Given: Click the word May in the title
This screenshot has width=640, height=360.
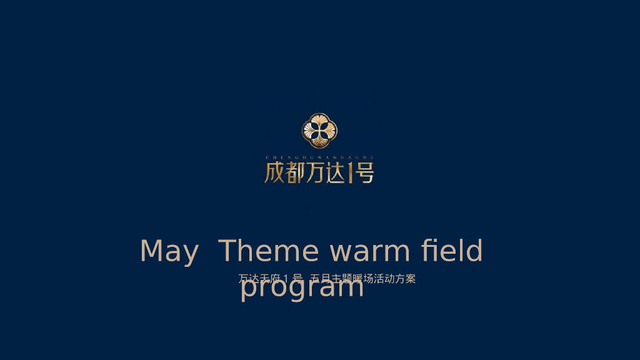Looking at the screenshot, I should [169, 252].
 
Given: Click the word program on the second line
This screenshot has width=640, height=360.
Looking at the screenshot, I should [302, 288].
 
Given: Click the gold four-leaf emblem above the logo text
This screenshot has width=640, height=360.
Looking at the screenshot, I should [319, 131].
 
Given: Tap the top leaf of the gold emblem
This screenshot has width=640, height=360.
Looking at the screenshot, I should [319, 121].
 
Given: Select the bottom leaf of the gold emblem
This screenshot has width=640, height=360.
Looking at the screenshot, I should [319, 141].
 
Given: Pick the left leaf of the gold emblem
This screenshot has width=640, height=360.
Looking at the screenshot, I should [309, 131].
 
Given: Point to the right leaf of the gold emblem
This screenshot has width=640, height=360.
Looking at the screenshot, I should [329, 131].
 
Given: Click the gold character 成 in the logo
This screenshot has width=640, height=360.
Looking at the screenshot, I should [274, 172].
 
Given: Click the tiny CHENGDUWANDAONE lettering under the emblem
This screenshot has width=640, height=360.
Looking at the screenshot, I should [319, 157].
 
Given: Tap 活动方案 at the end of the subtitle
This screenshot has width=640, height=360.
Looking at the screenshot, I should [395, 279].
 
